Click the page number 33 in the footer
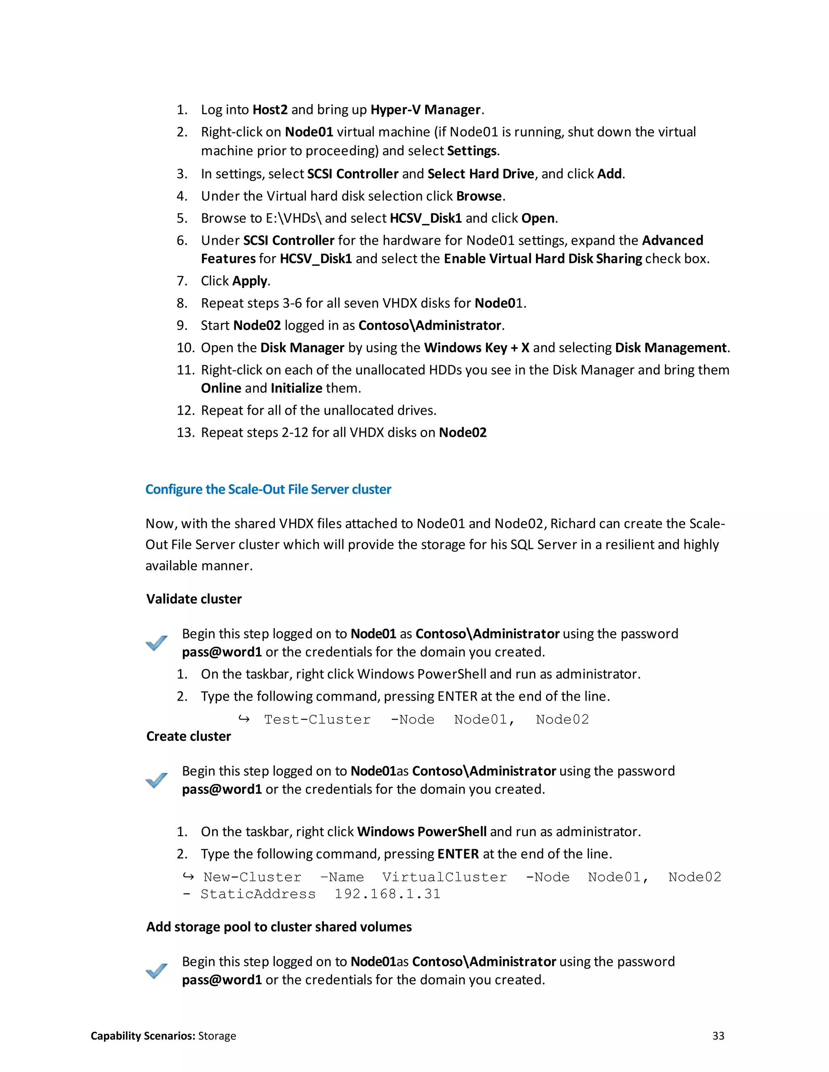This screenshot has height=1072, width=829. pyautogui.click(x=718, y=1036)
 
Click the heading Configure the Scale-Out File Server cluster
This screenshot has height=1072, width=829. pyautogui.click(x=268, y=489)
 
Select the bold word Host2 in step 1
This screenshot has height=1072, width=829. pyautogui.click(x=270, y=110)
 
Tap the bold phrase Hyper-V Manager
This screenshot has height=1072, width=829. pyautogui.click(x=425, y=110)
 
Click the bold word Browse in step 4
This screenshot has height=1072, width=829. pyautogui.click(x=479, y=196)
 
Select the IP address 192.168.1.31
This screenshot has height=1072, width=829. pyautogui.click(x=387, y=894)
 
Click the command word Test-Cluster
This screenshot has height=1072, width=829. pyautogui.click(x=317, y=720)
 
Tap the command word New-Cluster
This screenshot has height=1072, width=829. pyautogui.click(x=253, y=877)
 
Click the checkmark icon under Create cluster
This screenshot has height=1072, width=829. pyautogui.click(x=157, y=780)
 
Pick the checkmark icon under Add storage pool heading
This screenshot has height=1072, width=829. pyautogui.click(x=157, y=970)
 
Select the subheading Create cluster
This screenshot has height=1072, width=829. pyautogui.click(x=189, y=736)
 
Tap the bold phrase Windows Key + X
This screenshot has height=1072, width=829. pyautogui.click(x=476, y=347)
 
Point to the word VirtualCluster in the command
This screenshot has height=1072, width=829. pyautogui.click(x=444, y=877)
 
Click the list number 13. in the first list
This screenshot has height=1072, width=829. pyautogui.click(x=186, y=432)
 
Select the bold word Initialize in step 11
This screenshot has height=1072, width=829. pyautogui.click(x=296, y=388)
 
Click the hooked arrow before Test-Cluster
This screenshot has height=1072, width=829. pyautogui.click(x=244, y=719)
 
